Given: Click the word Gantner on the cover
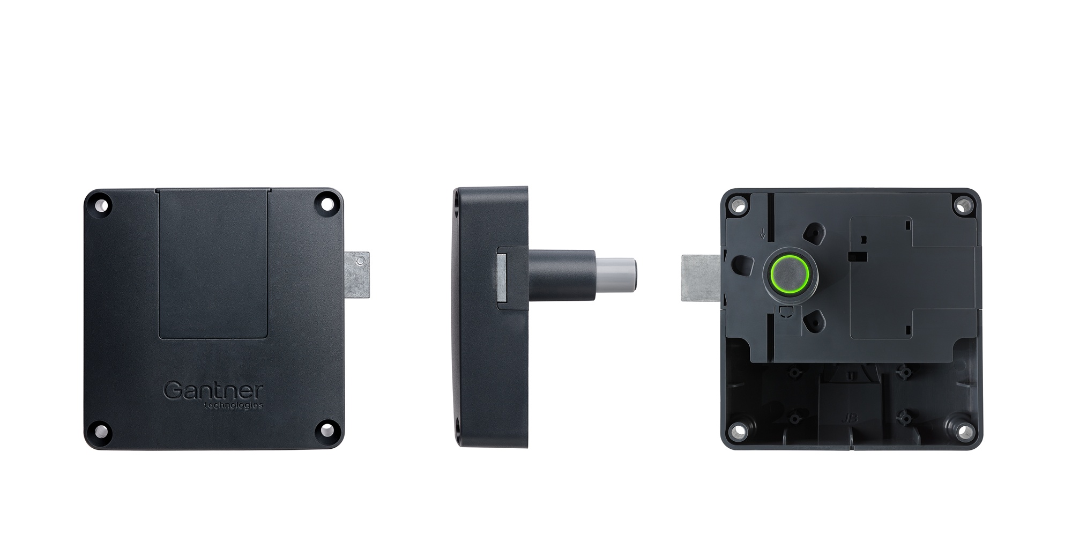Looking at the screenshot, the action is click(213, 390).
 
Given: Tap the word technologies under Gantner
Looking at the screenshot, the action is click(234, 405).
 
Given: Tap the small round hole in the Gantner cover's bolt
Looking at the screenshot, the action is click(361, 261).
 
